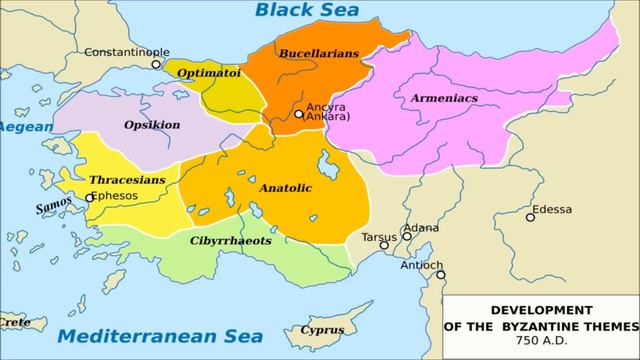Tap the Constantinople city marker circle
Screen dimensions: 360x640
[x=156, y=64]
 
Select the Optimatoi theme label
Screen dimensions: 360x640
[x=208, y=72]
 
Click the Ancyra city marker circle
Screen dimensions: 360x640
[x=298, y=114]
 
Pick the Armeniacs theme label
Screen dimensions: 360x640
[x=443, y=98]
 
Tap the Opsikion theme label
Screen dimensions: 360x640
[x=152, y=125]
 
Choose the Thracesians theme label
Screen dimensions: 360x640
[x=127, y=180]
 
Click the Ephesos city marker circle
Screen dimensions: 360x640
[x=90, y=197]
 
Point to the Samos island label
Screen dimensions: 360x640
[x=54, y=208]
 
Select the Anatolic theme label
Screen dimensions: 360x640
[x=286, y=187]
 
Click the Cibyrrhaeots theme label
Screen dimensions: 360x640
[x=230, y=240]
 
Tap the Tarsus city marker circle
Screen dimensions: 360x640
[x=384, y=245]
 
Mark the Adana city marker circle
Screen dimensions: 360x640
[x=407, y=237]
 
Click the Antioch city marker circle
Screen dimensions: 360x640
[x=441, y=275]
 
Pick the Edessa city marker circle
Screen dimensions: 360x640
[x=530, y=217]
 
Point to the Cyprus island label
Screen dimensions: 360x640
[x=322, y=330]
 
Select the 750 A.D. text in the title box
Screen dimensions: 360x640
[x=541, y=341]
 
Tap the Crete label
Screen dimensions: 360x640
[x=14, y=322]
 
